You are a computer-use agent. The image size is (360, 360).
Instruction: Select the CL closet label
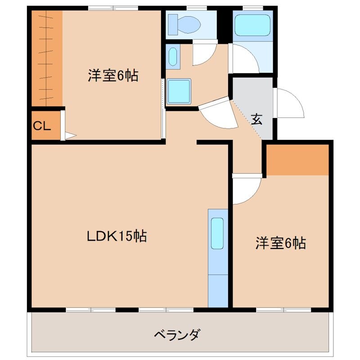point(41,126)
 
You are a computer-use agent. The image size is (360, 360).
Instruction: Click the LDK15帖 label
point(117,236)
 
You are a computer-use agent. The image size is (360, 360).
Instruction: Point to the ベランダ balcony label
point(177,335)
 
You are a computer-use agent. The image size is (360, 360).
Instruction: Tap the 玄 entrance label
point(256,119)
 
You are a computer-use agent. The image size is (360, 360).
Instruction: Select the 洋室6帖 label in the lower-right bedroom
point(281,243)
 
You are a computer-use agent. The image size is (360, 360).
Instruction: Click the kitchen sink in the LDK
point(217,233)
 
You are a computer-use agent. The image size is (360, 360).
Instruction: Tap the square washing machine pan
point(179,91)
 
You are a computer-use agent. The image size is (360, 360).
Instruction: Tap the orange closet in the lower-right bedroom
point(298,160)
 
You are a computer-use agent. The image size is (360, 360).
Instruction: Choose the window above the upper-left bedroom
point(107,8)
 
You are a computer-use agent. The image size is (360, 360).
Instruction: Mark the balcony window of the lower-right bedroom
point(283,310)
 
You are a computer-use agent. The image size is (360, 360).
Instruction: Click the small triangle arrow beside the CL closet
point(69,135)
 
